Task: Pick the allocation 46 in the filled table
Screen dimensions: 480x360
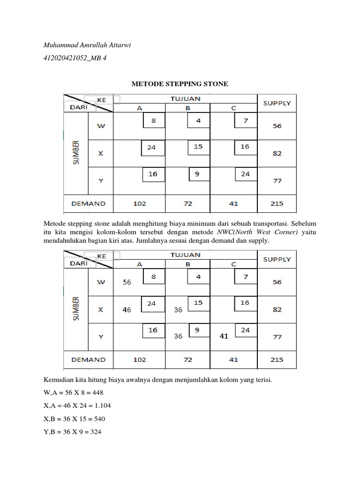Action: click(x=127, y=310)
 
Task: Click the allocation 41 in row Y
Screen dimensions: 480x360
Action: click(x=223, y=336)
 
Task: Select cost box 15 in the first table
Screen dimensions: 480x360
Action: click(x=199, y=147)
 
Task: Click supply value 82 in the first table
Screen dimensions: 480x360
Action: click(x=277, y=153)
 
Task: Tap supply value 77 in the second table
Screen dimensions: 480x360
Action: click(x=277, y=337)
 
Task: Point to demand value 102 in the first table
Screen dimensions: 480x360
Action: click(x=140, y=203)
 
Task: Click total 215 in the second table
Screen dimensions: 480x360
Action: click(x=277, y=360)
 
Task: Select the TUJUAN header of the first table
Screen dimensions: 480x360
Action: click(x=186, y=98)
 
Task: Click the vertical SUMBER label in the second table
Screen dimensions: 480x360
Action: click(x=76, y=309)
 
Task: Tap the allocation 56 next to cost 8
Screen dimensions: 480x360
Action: click(x=127, y=282)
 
